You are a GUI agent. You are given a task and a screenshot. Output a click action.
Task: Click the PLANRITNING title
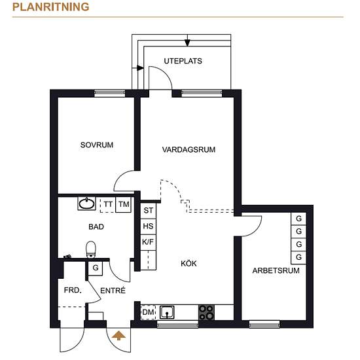(51, 7)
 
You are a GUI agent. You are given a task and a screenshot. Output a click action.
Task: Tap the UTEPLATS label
(183, 61)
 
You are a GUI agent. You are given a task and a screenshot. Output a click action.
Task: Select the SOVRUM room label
(97, 145)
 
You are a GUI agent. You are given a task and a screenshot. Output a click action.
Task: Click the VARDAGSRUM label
(189, 150)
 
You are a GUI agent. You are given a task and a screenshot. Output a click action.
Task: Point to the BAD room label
(96, 227)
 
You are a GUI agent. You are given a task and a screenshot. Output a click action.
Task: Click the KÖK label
(189, 263)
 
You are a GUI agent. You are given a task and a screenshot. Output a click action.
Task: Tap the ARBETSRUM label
(276, 270)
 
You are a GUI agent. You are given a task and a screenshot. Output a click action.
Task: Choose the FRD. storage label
(73, 290)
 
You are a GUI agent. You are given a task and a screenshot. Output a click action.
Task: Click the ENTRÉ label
(113, 291)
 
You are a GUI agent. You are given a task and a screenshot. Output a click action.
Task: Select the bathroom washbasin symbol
(86, 204)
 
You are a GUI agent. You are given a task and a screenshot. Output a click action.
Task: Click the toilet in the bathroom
(91, 249)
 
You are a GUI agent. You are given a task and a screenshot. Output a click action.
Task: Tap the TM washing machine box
(124, 204)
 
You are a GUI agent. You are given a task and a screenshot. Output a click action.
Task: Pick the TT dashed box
(108, 204)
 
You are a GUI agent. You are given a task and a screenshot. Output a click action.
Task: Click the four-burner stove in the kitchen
(206, 312)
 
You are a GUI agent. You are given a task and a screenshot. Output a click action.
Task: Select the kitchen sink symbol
(167, 312)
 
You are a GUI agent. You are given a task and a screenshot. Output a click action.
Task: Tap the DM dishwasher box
(148, 312)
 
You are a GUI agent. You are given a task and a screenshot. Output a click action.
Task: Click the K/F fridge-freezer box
(148, 242)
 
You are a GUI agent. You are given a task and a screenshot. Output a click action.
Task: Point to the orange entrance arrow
(118, 335)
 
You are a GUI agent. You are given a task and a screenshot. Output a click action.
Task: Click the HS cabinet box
(148, 226)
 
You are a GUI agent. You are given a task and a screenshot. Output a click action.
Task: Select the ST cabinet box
(148, 211)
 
